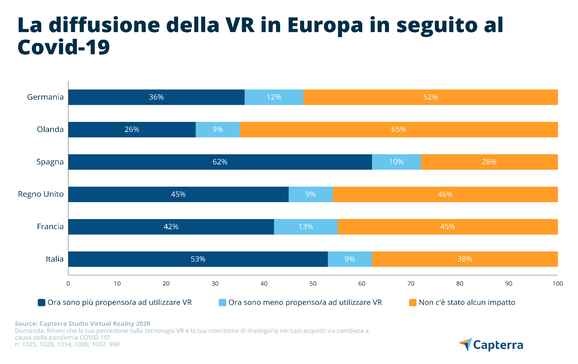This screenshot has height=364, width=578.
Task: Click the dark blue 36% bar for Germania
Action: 156,97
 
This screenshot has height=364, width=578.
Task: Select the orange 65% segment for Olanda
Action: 399,130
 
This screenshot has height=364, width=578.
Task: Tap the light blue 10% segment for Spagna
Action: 396,162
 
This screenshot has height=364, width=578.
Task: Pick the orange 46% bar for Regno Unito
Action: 445,194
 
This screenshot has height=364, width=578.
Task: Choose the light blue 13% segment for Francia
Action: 306,227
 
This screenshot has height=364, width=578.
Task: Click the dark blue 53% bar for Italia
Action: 198,259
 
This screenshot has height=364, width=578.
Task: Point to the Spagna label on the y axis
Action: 50,162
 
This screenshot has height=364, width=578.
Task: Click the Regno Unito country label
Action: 41,194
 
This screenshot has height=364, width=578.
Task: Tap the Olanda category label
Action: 50,130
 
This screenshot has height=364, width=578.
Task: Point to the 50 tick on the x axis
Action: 313,283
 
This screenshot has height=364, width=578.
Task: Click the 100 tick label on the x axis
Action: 558,283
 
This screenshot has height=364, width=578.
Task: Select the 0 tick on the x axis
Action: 68,283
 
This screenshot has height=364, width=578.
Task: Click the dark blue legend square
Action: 41,302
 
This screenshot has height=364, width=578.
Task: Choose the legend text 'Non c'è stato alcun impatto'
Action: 467,302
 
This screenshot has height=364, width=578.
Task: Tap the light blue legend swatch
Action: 222,302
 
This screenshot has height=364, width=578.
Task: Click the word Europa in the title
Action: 325,25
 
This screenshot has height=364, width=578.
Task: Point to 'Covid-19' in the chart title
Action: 64,47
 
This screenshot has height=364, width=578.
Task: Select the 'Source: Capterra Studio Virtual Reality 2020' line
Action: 83,324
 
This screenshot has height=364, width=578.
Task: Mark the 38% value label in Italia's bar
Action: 465,259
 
